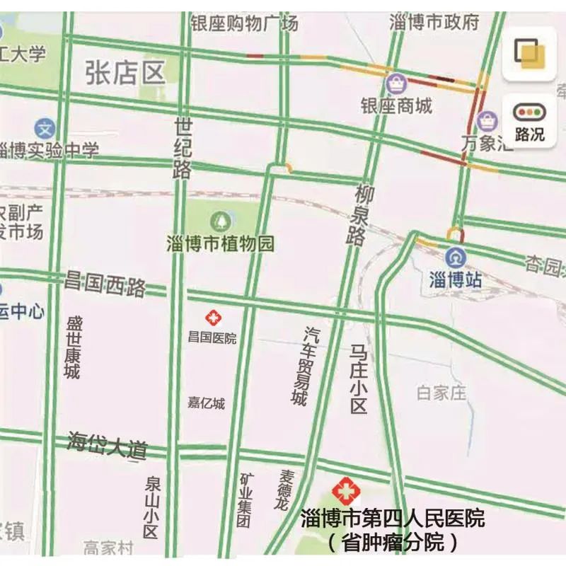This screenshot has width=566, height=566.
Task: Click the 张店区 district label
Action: click(x=125, y=72)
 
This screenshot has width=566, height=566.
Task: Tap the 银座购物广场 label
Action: click(x=244, y=23)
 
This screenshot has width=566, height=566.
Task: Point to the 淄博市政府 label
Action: click(x=434, y=22)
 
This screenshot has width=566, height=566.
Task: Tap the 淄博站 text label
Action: click(x=456, y=279)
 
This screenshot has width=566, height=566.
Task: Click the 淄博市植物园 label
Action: click(x=220, y=244)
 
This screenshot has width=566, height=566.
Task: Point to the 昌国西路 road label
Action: click(x=105, y=284)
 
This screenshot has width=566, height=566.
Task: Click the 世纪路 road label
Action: click(x=183, y=148)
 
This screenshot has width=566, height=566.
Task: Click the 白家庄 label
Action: click(x=441, y=393)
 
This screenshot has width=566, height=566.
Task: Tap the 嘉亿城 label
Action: click(x=206, y=403)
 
